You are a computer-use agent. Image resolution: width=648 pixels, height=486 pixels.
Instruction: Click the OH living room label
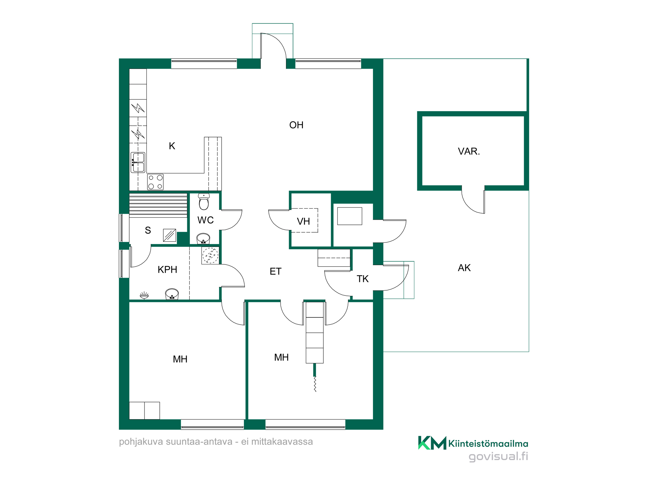(x=296, y=125)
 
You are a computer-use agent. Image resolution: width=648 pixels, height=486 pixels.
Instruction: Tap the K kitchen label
(x=172, y=146)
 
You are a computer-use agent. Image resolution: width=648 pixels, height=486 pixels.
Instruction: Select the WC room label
(x=205, y=220)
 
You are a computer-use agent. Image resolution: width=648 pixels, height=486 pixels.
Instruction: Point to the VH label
(x=303, y=222)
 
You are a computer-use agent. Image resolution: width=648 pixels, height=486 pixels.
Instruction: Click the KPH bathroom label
(x=167, y=270)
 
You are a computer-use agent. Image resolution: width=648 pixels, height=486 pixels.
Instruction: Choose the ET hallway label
(x=275, y=272)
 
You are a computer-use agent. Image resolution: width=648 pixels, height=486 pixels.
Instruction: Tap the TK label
(x=363, y=279)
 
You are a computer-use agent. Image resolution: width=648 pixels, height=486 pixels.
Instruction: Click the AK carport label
(x=464, y=268)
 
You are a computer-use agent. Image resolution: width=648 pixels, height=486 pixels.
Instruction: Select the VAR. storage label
(x=469, y=151)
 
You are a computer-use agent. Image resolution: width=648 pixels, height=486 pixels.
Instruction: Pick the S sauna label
(x=148, y=230)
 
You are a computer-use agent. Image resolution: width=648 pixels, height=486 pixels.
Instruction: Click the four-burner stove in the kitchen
(x=156, y=182)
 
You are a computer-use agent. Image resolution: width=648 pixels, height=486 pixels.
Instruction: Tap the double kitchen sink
(x=138, y=162)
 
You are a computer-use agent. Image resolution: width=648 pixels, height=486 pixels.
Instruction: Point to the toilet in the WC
(x=204, y=202)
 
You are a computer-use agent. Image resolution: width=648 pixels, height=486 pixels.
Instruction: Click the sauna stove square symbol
(x=169, y=236)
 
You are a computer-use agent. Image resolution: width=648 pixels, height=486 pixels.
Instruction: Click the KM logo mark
(x=432, y=443)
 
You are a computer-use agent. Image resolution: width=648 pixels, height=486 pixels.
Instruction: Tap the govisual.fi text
(x=498, y=457)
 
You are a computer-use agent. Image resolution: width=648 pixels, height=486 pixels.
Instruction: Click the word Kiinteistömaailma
(x=488, y=444)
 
